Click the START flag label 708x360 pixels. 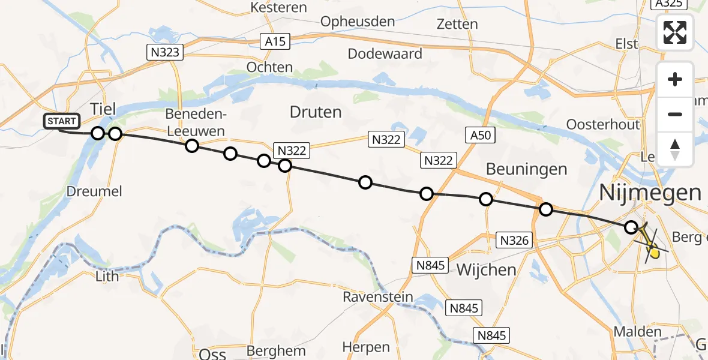(x=61, y=121)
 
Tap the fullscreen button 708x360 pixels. (x=675, y=32)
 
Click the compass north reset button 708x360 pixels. (x=675, y=149)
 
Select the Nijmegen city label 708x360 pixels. (x=650, y=193)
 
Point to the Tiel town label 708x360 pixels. (x=103, y=109)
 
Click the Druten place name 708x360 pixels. (x=315, y=112)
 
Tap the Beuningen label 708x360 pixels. (x=526, y=169)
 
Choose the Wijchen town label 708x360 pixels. (x=486, y=269)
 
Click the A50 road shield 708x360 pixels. (x=480, y=135)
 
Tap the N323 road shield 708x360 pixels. (x=164, y=52)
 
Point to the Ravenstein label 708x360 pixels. (x=378, y=297)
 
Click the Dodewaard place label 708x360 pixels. (x=385, y=53)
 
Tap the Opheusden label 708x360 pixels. (x=358, y=22)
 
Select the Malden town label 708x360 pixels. (x=637, y=332)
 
